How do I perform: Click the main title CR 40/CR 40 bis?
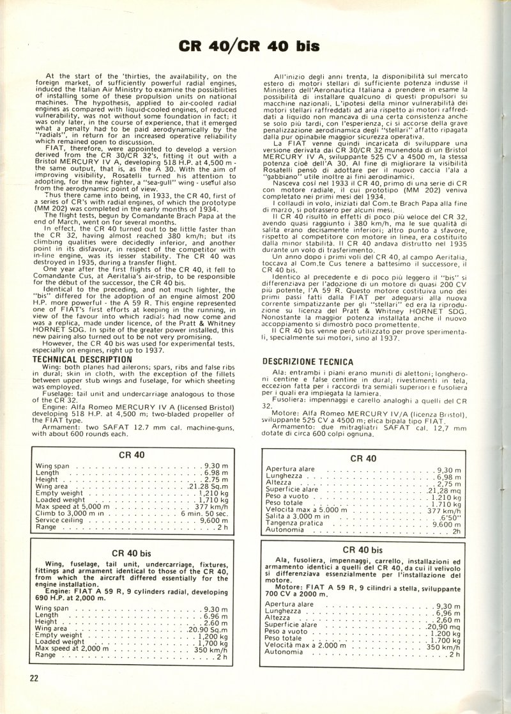click(x=256, y=46)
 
